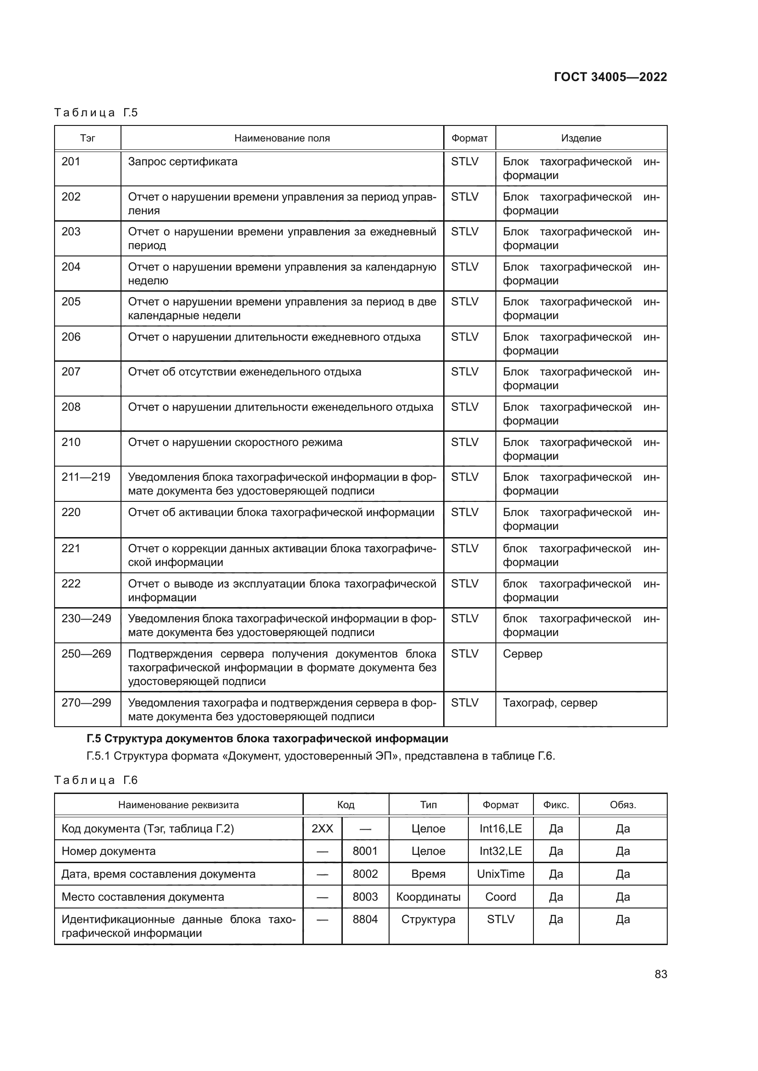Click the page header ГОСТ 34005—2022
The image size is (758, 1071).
tap(610, 77)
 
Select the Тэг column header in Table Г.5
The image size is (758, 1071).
tap(87, 138)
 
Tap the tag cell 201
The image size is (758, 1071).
tap(71, 161)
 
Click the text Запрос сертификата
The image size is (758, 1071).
tap(182, 161)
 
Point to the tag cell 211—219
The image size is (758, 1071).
tap(86, 477)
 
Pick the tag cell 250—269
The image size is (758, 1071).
tap(86, 653)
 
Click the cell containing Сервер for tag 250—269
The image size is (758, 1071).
tap(522, 653)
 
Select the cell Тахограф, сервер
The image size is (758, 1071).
tap(550, 702)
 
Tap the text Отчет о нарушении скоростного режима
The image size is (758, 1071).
tap(235, 442)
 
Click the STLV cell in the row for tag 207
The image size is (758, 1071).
tap(464, 372)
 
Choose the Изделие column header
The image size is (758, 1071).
tap(581, 138)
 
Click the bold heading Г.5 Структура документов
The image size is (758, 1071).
tap(268, 739)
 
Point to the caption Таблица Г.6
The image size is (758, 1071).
tap(96, 780)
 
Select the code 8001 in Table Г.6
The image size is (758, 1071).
tap(364, 851)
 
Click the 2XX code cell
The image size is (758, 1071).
tap(322, 828)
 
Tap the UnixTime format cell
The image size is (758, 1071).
tap(500, 874)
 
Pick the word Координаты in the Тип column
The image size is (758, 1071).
tap(428, 897)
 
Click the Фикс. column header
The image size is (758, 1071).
tap(555, 805)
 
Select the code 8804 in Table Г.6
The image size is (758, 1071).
tap(364, 919)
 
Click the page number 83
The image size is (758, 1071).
tap(660, 974)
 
